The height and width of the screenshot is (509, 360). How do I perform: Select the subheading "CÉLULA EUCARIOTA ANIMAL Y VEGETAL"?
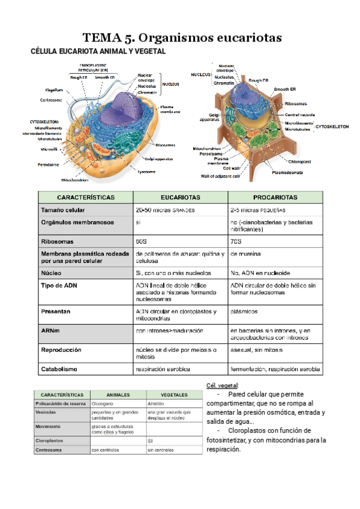pyautogui.click(x=98, y=52)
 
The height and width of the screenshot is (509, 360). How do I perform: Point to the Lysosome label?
pyautogui.click(x=146, y=172)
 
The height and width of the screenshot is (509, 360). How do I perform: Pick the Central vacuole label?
pyautogui.click(x=300, y=114)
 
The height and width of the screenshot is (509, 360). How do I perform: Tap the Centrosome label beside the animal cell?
pyautogui.click(x=51, y=100)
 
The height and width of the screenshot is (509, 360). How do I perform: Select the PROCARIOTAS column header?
pyautogui.click(x=275, y=197)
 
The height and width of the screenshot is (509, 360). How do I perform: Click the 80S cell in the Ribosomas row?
pyautogui.click(x=142, y=240)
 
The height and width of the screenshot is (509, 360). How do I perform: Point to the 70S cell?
pyautogui.click(x=236, y=240)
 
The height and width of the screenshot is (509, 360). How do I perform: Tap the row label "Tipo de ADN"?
pyautogui.click(x=59, y=286)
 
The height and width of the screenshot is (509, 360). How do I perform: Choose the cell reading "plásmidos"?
pyautogui.click(x=244, y=312)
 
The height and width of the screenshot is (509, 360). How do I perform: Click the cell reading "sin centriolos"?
pyautogui.click(x=160, y=449)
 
